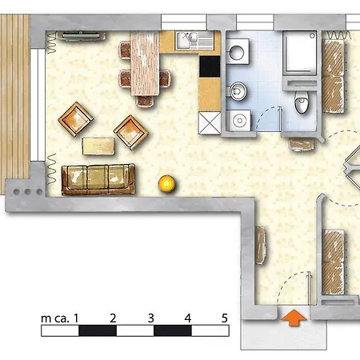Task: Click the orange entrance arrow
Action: click(294, 318)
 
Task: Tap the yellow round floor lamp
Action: click(167, 183)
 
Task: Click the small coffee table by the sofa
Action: click(99, 146)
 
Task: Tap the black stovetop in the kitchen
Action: click(210, 66)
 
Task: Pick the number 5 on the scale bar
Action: click(224, 318)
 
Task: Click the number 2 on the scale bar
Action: click(114, 318)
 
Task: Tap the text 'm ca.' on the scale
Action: click(56, 318)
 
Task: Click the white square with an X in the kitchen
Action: click(210, 123)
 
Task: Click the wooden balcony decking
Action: click(14, 96)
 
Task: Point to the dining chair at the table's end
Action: click(146, 101)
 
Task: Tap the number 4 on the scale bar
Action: click(187, 318)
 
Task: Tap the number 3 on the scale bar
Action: click(150, 318)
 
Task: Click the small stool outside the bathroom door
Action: click(301, 144)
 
